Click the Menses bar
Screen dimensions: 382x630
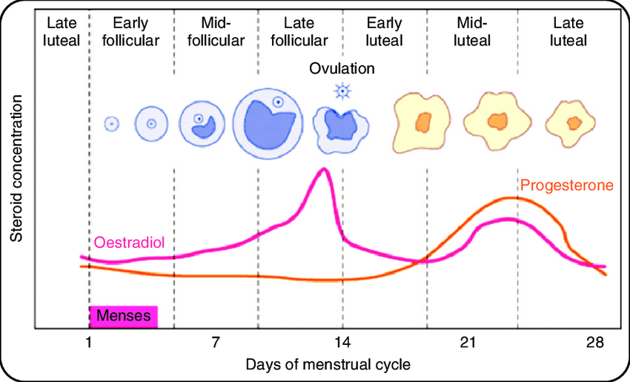[x=125, y=317]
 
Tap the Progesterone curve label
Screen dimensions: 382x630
[x=567, y=185]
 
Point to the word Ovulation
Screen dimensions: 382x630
[x=342, y=69]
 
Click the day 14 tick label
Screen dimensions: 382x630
[x=342, y=343]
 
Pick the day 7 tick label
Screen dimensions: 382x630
[x=216, y=343]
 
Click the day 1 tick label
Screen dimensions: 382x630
[x=89, y=343]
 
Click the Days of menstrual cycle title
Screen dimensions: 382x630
[x=328, y=365]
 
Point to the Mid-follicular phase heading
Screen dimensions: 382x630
[x=216, y=31]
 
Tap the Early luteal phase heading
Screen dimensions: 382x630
[x=384, y=31]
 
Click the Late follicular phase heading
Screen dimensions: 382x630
[x=299, y=31]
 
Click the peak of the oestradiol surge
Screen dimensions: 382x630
[x=322, y=169]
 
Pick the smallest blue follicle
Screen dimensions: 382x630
[x=111, y=124]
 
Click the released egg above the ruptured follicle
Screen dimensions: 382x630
[x=342, y=91]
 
